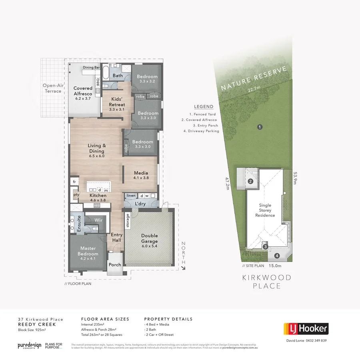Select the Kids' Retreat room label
point(117,102)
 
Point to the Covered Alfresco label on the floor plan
point(83,90)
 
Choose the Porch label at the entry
point(115,264)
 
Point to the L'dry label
point(140,204)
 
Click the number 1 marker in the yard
point(260,127)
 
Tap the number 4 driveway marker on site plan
point(277,256)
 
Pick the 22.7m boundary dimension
point(254,88)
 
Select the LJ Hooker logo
point(306,329)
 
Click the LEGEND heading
point(204,107)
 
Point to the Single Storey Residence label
point(265,210)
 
